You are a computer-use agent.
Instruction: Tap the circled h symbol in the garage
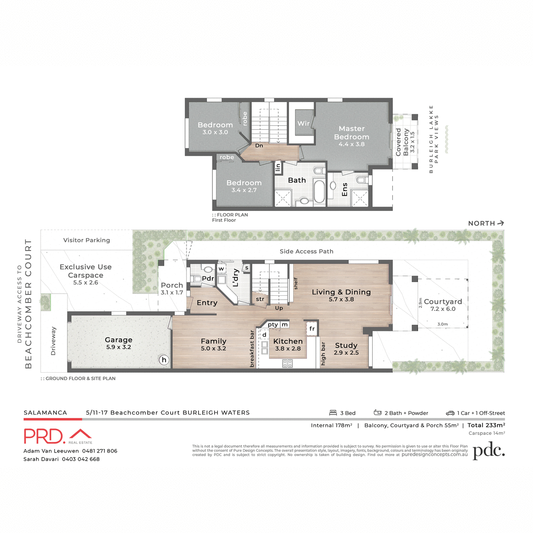[164, 360]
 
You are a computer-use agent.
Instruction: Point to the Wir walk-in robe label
[303, 123]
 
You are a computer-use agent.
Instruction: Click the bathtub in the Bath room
[319, 191]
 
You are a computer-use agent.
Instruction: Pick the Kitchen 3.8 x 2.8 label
[288, 344]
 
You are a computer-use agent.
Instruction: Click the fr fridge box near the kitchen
[312, 329]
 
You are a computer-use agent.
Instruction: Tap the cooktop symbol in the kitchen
[287, 363]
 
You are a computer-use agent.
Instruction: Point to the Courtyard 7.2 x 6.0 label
[443, 305]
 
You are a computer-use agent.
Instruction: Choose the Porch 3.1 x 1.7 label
[172, 288]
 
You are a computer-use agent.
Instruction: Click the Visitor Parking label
[87, 240]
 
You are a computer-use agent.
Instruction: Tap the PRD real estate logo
[58, 436]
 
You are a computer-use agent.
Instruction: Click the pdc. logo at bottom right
[489, 451]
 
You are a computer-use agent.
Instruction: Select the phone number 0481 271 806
[99, 451]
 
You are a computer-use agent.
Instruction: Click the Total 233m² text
[486, 425]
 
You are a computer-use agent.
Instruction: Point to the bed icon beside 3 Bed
[333, 413]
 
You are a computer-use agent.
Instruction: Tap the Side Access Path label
[306, 251]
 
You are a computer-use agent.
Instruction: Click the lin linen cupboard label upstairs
[278, 167]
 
